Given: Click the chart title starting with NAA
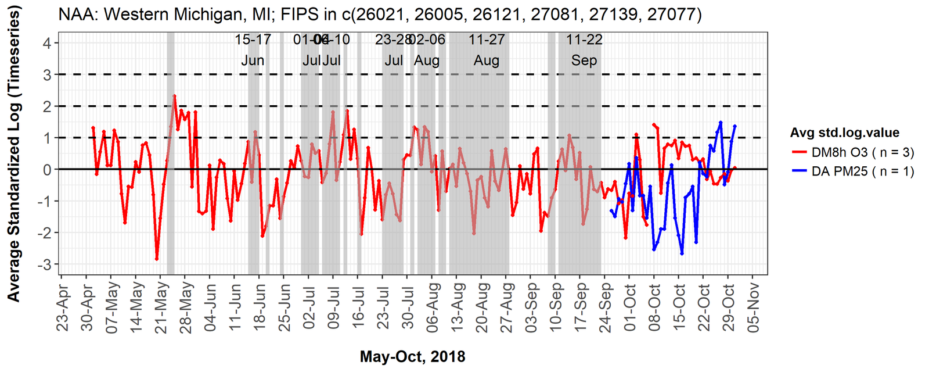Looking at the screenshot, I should point(380,14).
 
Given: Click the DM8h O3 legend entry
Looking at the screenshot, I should point(853,152).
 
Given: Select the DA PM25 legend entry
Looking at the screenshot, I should point(853,171).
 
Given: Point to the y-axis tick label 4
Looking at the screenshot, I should point(46,43).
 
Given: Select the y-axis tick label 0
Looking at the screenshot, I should point(46,170).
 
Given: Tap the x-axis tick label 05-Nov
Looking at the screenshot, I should point(753,308).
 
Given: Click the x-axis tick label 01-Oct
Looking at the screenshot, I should point(630,308).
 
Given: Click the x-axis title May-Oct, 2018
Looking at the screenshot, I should point(412,356).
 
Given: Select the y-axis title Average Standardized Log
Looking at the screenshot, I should point(14,154).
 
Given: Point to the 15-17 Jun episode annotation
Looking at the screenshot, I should point(253,50).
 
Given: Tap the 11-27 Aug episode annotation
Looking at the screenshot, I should point(487,50).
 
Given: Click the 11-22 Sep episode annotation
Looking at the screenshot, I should point(584,50).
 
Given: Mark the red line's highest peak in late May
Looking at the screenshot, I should point(174,96).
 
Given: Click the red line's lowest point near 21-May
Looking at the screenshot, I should point(157,259).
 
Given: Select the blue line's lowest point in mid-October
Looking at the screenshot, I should point(682,253).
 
